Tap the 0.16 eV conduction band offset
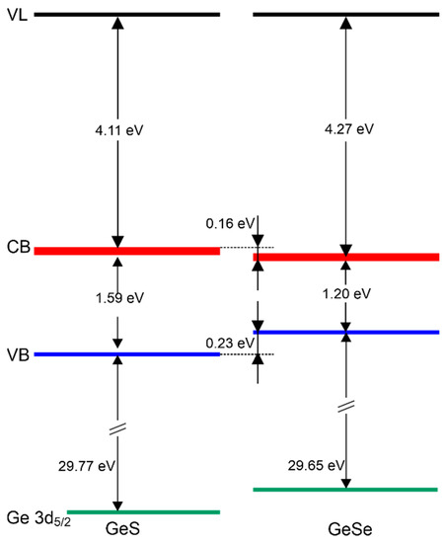pos(228,223)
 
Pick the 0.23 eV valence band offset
pos(228,343)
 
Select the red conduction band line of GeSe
pos(345,258)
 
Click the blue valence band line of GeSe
pos(345,332)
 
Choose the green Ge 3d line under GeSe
pos(345,489)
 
